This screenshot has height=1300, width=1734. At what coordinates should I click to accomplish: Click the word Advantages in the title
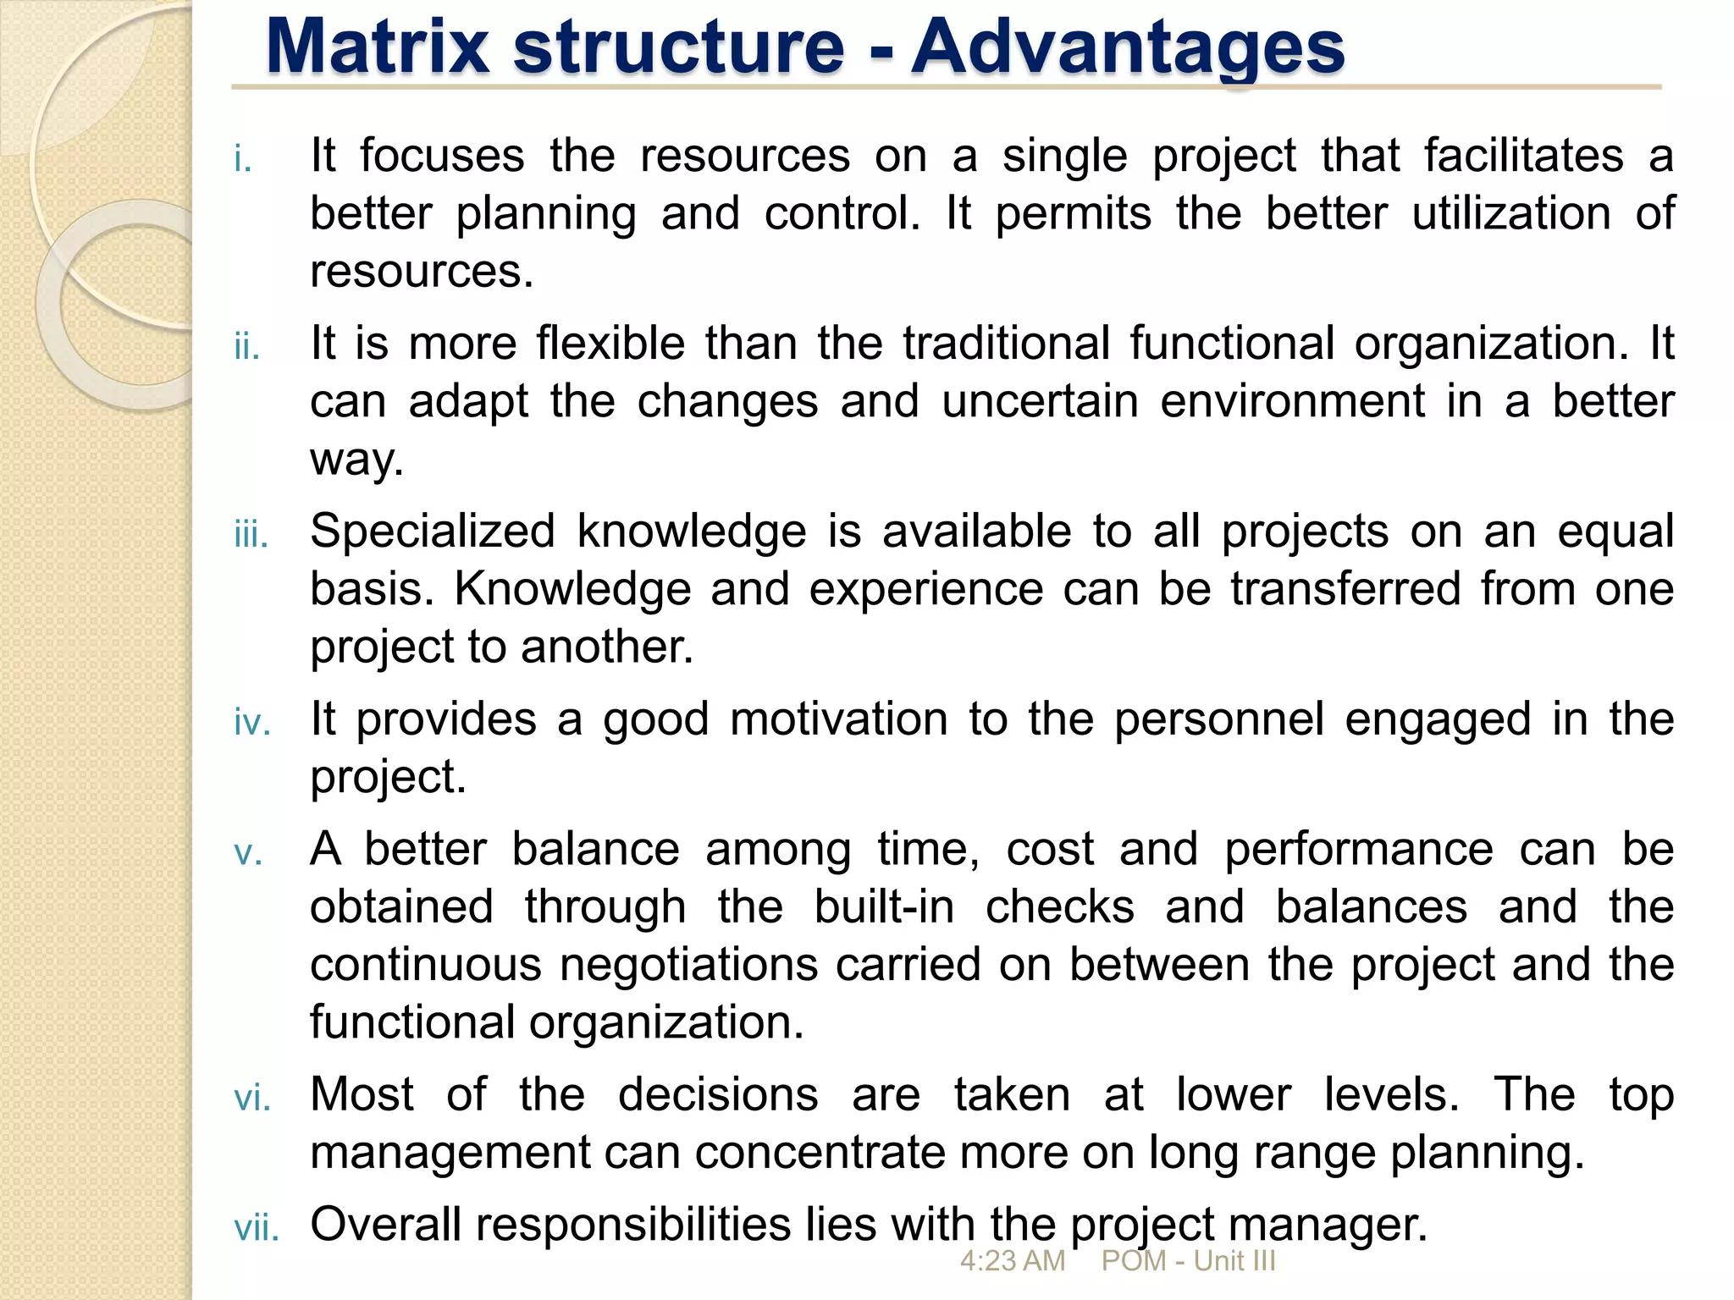point(1128,47)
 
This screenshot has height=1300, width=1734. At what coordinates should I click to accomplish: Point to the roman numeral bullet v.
point(248,854)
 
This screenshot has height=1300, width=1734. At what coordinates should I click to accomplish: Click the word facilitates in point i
point(1523,156)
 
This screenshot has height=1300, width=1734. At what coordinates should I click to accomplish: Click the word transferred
point(1345,589)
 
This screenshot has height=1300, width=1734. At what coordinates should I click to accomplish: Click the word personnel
point(1218,719)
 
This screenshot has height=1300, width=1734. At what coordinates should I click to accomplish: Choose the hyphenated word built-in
point(884,907)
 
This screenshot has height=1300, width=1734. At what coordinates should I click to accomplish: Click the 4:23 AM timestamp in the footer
point(1012,1261)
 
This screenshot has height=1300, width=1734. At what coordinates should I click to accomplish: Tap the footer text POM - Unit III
point(1188,1261)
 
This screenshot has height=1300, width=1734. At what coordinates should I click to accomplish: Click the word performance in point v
point(1358,850)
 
